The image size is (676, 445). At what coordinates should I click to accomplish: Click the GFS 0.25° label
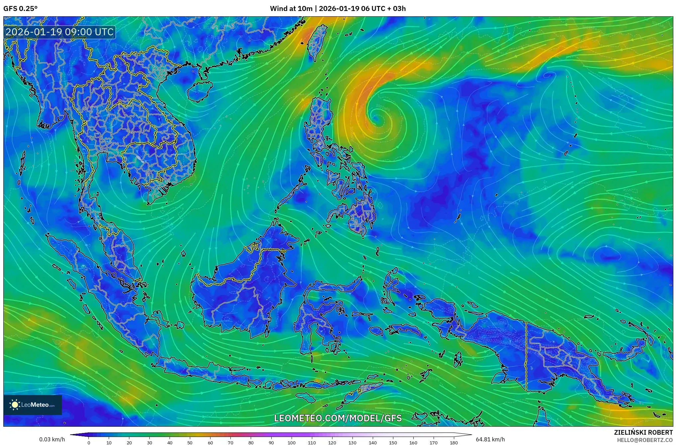[x=20, y=9]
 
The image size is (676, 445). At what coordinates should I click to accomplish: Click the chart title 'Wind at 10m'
[x=291, y=9]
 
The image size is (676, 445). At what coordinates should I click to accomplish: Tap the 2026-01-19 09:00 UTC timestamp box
[x=60, y=32]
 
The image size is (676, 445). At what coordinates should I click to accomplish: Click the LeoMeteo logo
[x=33, y=405]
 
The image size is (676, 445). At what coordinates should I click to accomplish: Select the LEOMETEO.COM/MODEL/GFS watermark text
[x=338, y=418]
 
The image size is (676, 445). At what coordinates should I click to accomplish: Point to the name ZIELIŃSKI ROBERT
[x=643, y=432]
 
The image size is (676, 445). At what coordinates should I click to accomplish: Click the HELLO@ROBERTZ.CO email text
[x=645, y=440]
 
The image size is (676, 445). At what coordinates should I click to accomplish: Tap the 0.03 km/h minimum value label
[x=52, y=439]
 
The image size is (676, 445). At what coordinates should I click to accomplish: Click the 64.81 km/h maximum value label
[x=490, y=439]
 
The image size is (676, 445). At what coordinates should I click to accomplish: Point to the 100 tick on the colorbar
[x=292, y=443]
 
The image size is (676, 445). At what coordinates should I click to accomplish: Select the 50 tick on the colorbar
[x=190, y=443]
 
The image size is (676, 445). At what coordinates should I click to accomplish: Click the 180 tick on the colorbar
[x=454, y=443]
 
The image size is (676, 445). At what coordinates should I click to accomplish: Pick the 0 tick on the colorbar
[x=88, y=443]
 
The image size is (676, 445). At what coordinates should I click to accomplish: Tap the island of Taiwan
[x=316, y=42]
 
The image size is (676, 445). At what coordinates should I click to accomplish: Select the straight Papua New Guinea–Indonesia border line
[x=526, y=356]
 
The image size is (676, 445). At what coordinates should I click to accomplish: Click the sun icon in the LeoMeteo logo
[x=15, y=405]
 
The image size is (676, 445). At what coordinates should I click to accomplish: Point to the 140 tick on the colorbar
[x=373, y=443]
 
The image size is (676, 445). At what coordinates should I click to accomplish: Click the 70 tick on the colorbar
[x=230, y=443]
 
